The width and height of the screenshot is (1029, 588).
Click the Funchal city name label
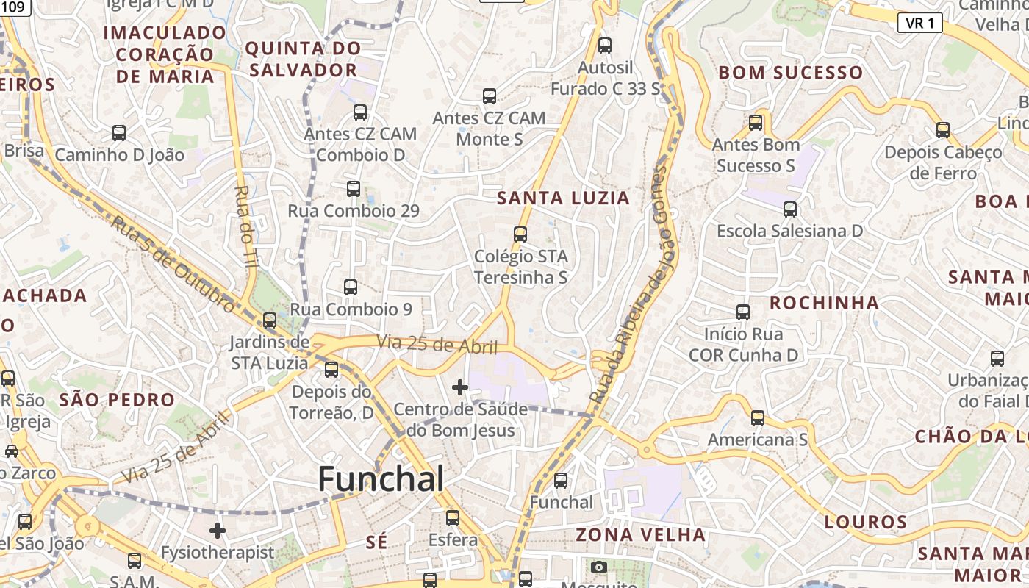click(x=381, y=479)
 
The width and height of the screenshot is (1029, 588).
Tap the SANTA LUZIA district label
click(x=563, y=198)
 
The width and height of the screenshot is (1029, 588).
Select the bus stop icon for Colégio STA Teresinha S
click(x=520, y=234)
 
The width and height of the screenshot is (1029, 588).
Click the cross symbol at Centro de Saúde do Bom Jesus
click(x=460, y=387)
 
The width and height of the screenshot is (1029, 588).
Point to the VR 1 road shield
click(x=919, y=23)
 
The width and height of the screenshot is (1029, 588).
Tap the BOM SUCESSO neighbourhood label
click(x=790, y=73)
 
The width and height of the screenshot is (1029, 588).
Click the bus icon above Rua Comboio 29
click(x=354, y=188)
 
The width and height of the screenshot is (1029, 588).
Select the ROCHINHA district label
click(x=824, y=303)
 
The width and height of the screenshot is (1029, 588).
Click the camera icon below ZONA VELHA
click(x=599, y=567)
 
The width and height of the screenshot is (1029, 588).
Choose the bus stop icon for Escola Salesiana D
click(x=790, y=209)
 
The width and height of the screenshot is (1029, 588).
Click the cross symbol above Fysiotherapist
click(x=218, y=530)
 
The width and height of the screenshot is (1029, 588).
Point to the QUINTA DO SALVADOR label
click(x=303, y=60)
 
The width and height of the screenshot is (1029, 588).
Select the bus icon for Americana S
click(x=758, y=418)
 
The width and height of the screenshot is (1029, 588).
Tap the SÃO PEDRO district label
click(x=117, y=401)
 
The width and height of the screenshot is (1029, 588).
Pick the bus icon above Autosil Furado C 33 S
click(x=605, y=46)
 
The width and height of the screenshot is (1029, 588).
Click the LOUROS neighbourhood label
click(x=866, y=523)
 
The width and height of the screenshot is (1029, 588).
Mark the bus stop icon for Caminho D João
click(x=119, y=133)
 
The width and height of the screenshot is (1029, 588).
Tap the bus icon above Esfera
click(x=453, y=518)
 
